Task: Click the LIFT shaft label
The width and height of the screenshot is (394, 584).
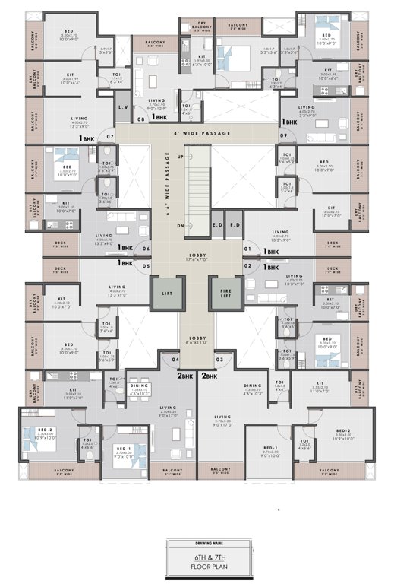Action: click(166, 292)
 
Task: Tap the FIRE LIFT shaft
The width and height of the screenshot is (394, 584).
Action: click(226, 292)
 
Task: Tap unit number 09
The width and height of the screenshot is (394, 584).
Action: click(283, 136)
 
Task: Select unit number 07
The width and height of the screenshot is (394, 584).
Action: click(110, 137)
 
